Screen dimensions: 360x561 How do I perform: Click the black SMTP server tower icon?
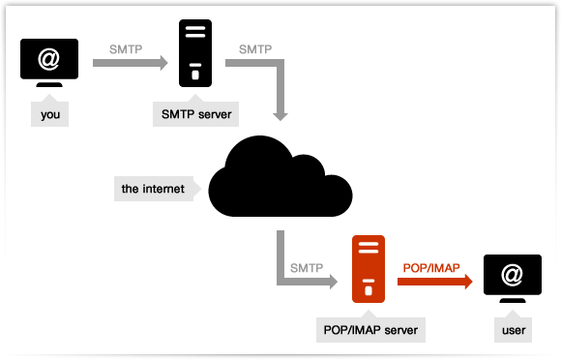195,54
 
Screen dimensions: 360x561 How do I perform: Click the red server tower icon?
367,270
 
